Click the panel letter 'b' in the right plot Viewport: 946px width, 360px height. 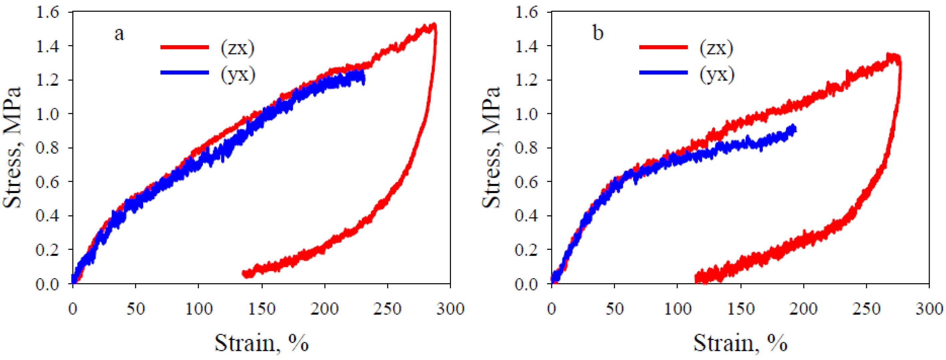click(x=598, y=33)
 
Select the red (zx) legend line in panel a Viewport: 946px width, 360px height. click(x=185, y=47)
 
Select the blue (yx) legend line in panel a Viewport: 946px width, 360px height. click(x=185, y=72)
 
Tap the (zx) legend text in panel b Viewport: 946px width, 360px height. click(x=716, y=48)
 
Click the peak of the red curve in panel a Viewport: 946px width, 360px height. click(x=434, y=26)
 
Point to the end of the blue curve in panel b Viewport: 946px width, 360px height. click(x=794, y=129)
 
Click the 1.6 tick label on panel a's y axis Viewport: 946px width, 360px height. click(x=47, y=12)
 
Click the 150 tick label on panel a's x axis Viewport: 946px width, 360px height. click(x=262, y=309)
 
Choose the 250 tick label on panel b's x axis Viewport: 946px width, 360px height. click(x=866, y=309)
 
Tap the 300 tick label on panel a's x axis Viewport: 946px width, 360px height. click(x=450, y=309)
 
